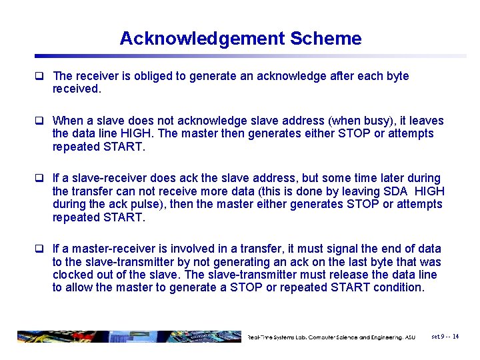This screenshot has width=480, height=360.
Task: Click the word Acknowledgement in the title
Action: click(x=202, y=39)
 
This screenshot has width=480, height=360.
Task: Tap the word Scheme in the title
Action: click(x=326, y=39)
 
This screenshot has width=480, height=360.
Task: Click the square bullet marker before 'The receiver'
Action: click(x=42, y=76)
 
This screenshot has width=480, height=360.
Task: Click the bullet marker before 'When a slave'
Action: click(x=42, y=121)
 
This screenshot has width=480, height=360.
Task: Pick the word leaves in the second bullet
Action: click(x=426, y=121)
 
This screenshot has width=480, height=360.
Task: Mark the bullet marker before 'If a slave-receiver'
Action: click(x=42, y=178)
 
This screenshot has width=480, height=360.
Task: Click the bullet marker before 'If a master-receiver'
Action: click(x=42, y=249)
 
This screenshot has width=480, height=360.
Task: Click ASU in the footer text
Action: click(x=410, y=337)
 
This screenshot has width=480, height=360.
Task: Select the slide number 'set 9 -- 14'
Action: click(x=445, y=337)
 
